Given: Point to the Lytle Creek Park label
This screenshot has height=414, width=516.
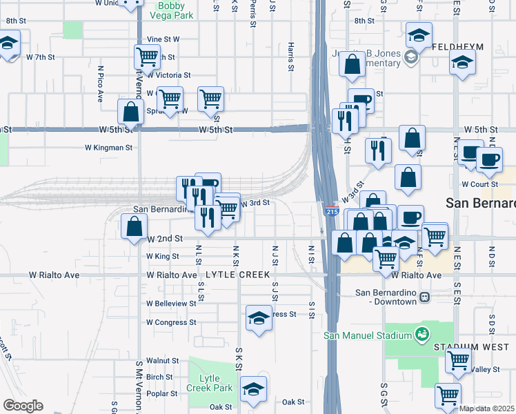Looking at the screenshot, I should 215,383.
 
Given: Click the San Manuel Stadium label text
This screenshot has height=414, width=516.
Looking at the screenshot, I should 368,335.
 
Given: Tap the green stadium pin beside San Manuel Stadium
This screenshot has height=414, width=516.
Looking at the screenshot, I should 421,335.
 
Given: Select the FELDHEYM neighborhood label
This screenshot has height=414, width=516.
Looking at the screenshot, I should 458,47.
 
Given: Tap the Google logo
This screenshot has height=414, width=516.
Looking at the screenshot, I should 22,405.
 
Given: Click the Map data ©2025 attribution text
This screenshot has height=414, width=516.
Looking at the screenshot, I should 486,408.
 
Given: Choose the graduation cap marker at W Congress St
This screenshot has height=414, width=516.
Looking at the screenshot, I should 258,318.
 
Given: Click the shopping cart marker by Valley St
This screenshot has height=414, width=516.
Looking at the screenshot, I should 458,359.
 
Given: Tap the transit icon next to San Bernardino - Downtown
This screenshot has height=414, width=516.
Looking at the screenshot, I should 425,297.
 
